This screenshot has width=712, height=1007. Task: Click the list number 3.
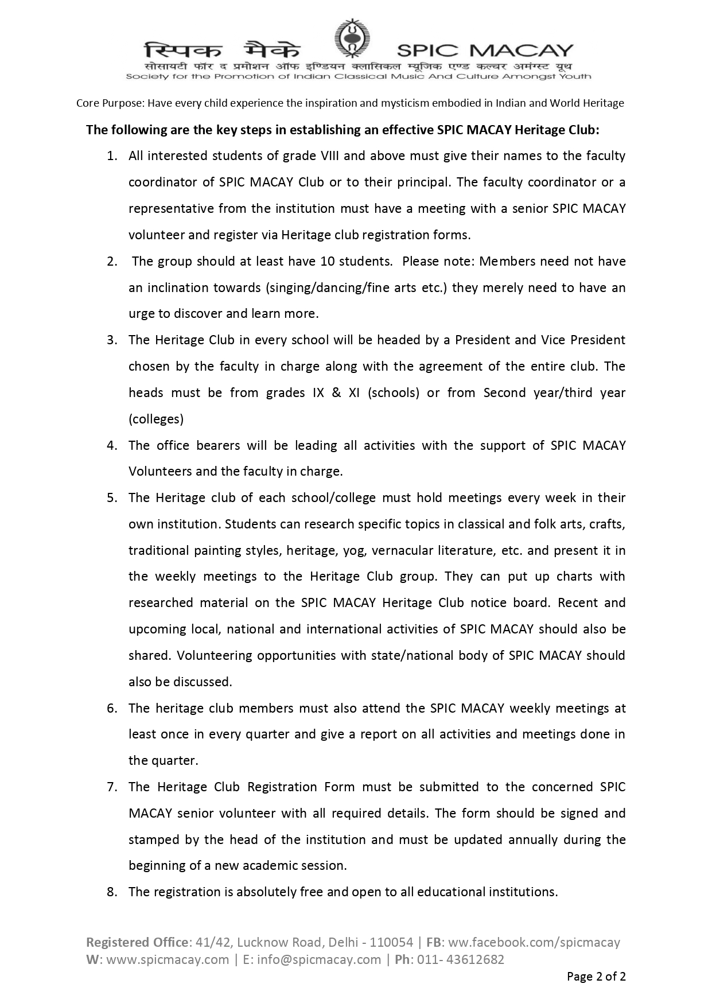(112, 340)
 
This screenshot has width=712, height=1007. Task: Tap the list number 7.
(112, 787)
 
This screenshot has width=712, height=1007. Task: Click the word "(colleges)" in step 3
(156, 419)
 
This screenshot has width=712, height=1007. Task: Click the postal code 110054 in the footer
(391, 942)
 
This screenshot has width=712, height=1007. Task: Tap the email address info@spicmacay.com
(319, 959)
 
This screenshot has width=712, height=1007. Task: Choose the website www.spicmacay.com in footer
(168, 959)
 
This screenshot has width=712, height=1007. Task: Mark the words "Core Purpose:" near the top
(111, 103)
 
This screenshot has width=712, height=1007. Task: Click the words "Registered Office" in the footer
(137, 942)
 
